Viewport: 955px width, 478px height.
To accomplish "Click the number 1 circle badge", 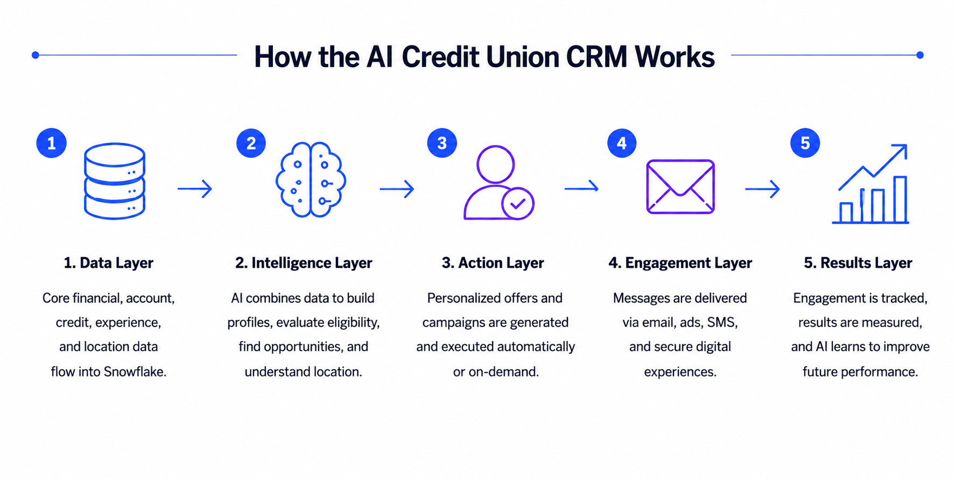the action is pyautogui.click(x=52, y=143).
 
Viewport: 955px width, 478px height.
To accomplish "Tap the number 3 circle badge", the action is pyautogui.click(x=442, y=143).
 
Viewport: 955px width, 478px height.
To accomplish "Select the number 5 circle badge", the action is pyautogui.click(x=805, y=143).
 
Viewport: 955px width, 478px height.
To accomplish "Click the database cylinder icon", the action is pyautogui.click(x=115, y=181).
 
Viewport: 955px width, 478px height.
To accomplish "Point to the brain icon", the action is pyautogui.click(x=311, y=180).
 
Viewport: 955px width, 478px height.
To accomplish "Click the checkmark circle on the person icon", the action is pyautogui.click(x=518, y=204).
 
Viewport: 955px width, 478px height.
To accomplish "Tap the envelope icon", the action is pyautogui.click(x=680, y=186).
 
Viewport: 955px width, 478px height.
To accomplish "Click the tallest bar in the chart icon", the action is pyautogui.click(x=900, y=199).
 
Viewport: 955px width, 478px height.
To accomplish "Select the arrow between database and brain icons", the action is pyautogui.click(x=195, y=189).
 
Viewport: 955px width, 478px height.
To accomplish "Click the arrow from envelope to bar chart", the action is pyautogui.click(x=762, y=189).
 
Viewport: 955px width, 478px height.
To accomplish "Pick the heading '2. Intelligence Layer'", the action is pyautogui.click(x=304, y=263).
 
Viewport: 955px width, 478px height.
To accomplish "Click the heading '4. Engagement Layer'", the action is pyautogui.click(x=680, y=263).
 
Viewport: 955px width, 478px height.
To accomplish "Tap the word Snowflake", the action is pyautogui.click(x=135, y=371).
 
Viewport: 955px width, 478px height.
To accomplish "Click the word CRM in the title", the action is pyautogui.click(x=596, y=57).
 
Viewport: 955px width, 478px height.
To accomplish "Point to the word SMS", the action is pyautogui.click(x=722, y=322).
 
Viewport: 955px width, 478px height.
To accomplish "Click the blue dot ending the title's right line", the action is pyautogui.click(x=920, y=55).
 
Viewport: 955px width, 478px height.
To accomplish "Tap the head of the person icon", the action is pyautogui.click(x=496, y=164).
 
